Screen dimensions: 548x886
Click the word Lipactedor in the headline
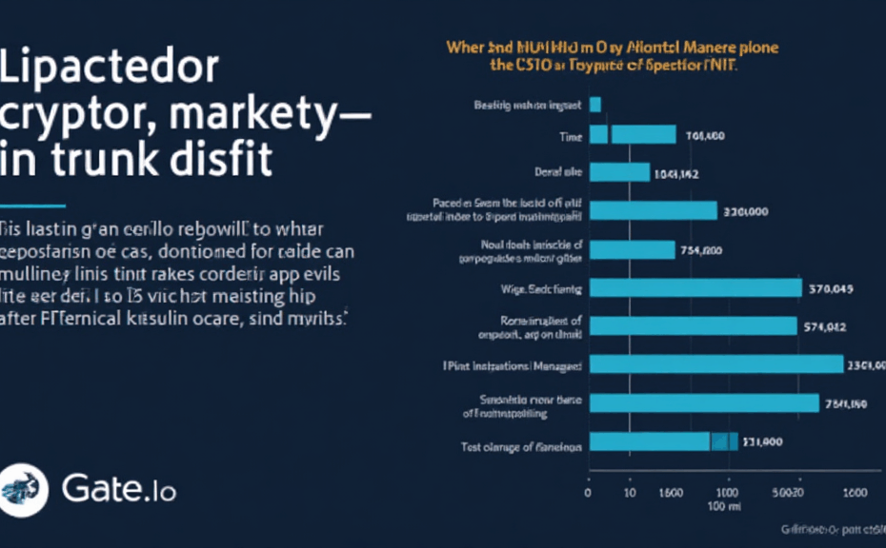pos(111,71)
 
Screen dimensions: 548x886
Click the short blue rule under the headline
pos(32,205)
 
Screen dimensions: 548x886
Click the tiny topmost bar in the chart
pos(595,105)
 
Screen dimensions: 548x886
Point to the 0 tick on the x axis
pos(588,493)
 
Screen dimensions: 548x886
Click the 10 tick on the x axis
pos(629,493)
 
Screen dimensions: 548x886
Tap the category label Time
pos(570,138)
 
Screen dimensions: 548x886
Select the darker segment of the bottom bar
pos(724,441)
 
